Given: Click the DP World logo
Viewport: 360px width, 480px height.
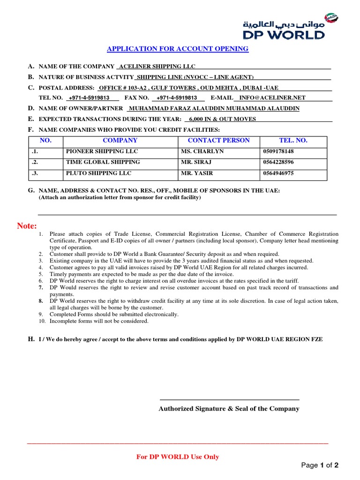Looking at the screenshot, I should point(290,27).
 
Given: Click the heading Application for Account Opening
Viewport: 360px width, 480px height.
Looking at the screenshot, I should point(178,49).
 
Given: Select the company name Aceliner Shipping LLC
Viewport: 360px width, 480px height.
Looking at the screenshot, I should point(157,67).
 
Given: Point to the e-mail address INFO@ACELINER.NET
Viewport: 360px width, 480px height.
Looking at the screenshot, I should point(272,98).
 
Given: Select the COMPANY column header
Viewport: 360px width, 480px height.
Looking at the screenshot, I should point(120,140).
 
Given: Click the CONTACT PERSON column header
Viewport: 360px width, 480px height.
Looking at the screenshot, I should point(218,140).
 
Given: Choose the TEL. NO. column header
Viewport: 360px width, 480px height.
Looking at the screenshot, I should point(293,140).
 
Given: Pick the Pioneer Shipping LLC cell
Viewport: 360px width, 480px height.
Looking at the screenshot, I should point(102,151).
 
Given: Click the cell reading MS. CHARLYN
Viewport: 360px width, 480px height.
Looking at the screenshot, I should point(202,151).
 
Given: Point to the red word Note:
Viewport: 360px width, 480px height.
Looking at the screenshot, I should point(27,226).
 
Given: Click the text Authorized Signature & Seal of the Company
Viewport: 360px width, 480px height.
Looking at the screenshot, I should point(229,409).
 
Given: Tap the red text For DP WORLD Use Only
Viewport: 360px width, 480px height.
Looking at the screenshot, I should point(178,457).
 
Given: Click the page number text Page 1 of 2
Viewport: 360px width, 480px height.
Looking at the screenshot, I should point(320,465).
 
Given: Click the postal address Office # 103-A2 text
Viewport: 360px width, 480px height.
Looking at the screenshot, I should point(122,88).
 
